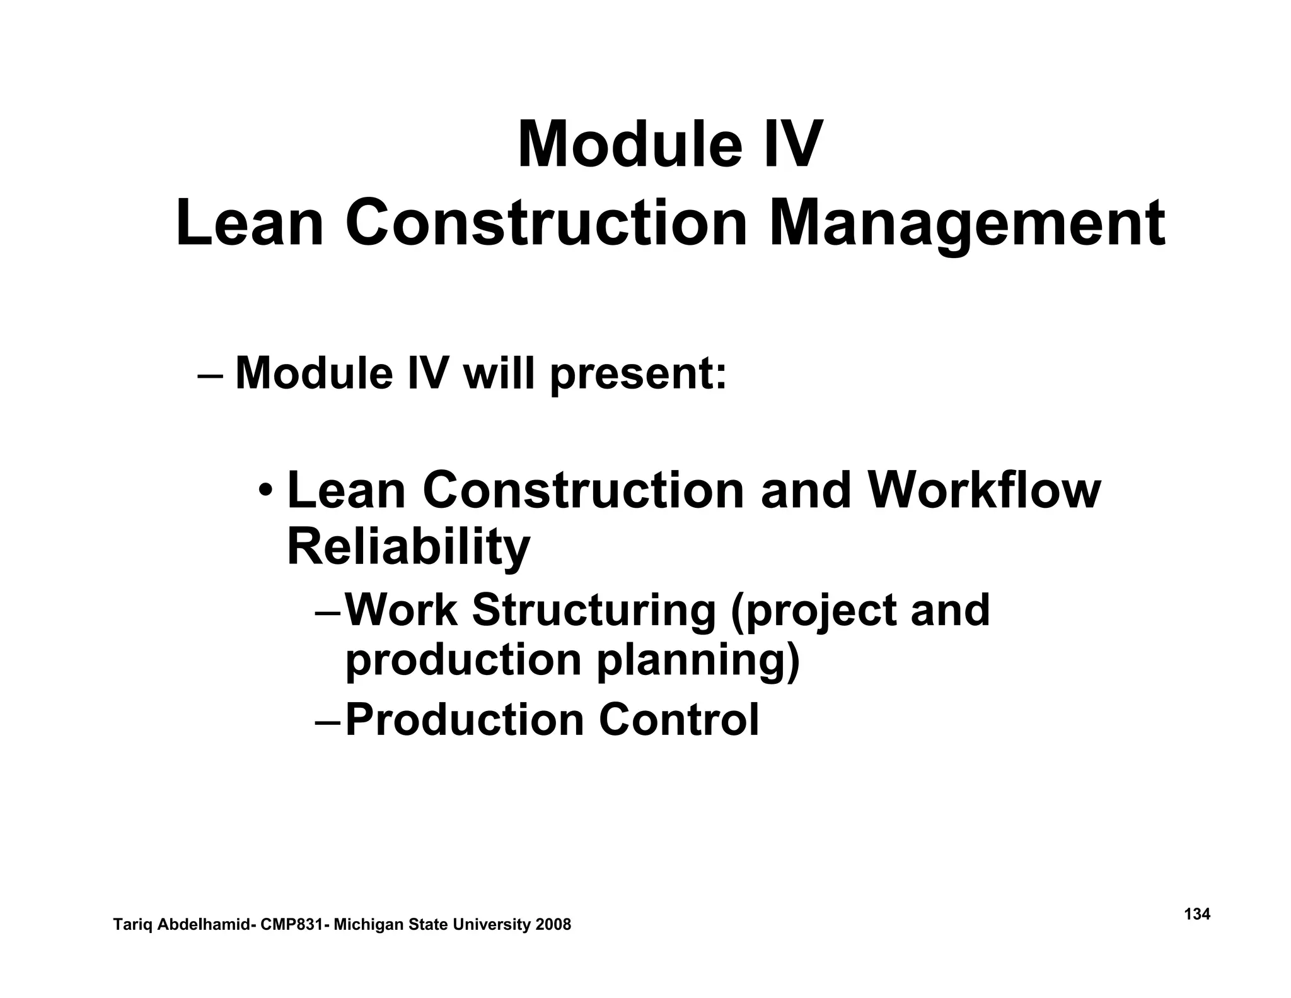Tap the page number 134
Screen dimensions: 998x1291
pos(1197,914)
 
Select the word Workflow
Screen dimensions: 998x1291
pos(983,491)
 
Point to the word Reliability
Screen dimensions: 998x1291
pos(408,547)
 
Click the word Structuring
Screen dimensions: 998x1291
pos(593,610)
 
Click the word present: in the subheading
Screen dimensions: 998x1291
pos(638,373)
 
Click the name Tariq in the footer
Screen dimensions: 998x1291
pos(130,925)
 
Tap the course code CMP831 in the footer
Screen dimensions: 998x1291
pos(291,925)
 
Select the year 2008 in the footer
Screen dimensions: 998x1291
pos(553,925)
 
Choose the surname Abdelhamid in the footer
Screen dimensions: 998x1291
pos(203,925)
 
